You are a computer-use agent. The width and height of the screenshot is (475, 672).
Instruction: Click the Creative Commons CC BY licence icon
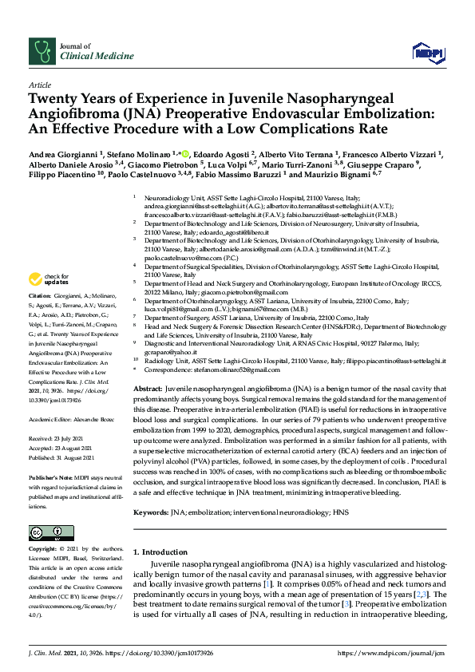(46, 532)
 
